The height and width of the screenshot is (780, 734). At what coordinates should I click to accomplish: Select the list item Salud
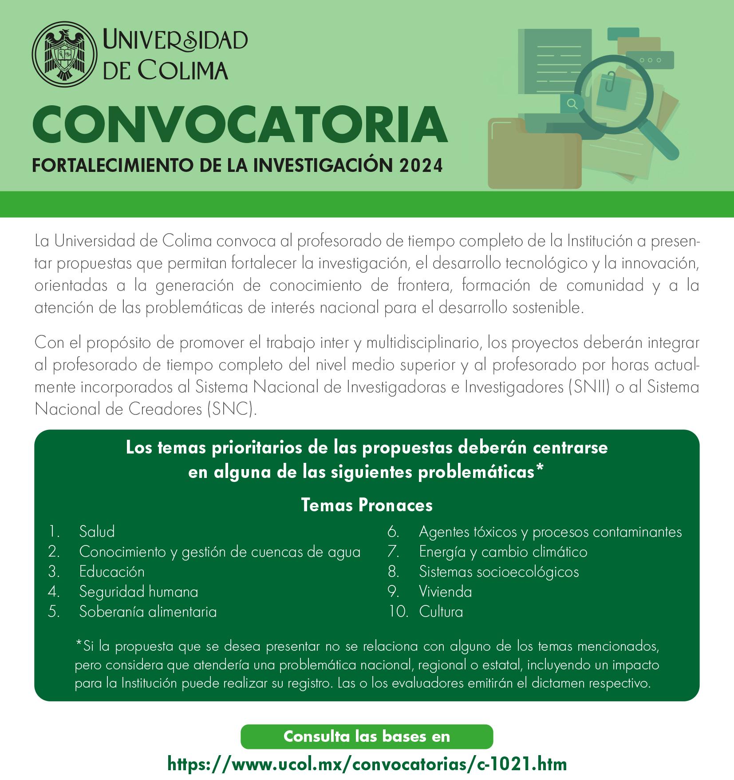coord(97,531)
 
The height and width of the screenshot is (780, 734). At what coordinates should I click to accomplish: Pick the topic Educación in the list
coord(112,571)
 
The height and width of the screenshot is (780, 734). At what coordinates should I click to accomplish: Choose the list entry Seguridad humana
coord(138,591)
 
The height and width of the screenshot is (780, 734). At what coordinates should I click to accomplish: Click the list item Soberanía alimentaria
coord(148,612)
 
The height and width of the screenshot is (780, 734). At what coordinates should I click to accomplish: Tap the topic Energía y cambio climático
coord(503,552)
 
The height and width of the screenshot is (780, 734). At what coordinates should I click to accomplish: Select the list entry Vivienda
coord(445,591)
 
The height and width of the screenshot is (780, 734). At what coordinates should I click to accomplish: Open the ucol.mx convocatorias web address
coord(367,764)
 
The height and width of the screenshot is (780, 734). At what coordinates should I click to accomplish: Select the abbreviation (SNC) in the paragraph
coord(232,409)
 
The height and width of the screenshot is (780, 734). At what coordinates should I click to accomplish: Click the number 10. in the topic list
coord(398,612)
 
